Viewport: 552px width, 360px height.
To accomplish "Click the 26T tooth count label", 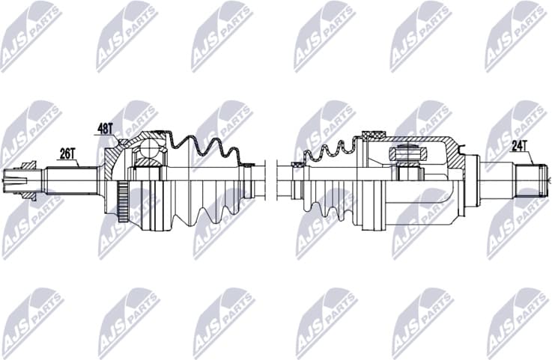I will click(67, 153).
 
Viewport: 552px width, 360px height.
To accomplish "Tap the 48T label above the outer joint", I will click(103, 129).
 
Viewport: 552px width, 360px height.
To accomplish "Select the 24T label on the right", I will click(521, 147).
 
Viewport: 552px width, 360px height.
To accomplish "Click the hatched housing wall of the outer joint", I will click(114, 161).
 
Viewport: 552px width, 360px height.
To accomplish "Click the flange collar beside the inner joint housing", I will click(472, 180).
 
